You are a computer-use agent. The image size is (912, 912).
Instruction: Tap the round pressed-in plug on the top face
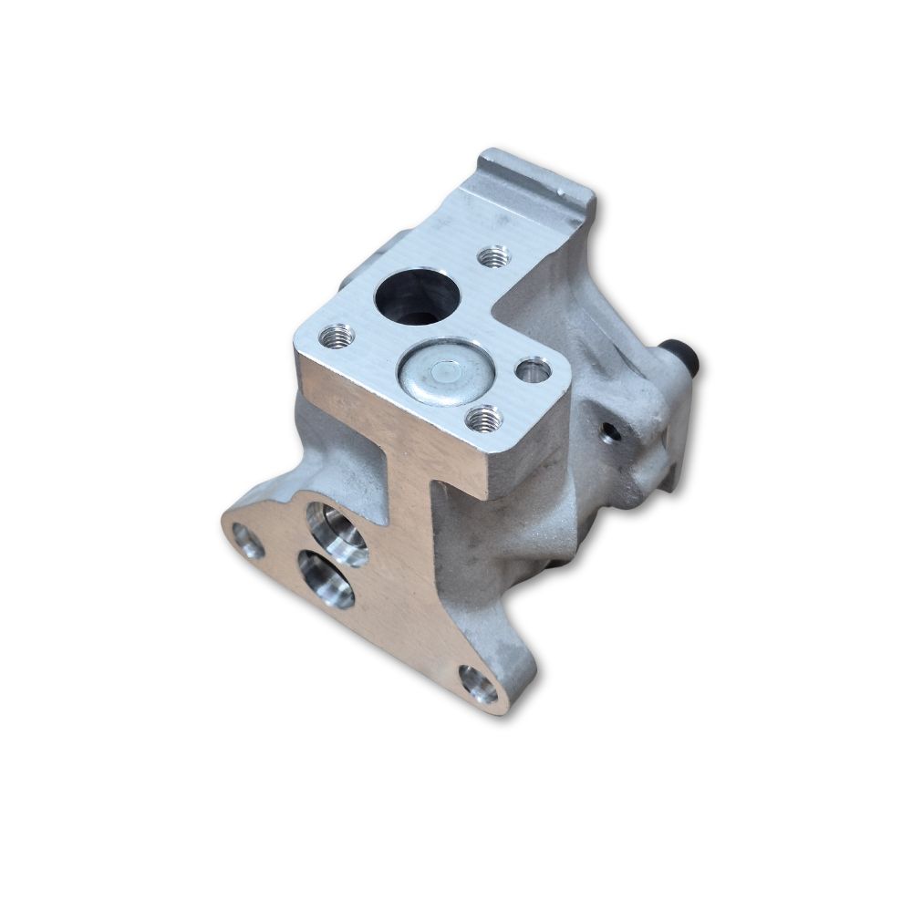[x=443, y=372]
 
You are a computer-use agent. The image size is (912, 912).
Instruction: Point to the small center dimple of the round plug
[x=444, y=371]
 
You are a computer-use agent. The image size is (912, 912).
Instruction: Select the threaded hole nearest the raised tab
[x=494, y=257]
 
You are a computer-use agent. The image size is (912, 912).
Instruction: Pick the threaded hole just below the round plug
[x=482, y=420]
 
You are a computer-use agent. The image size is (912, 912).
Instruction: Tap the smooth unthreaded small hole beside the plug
[x=532, y=370]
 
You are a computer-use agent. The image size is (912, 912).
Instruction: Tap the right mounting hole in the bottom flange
[x=480, y=684]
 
